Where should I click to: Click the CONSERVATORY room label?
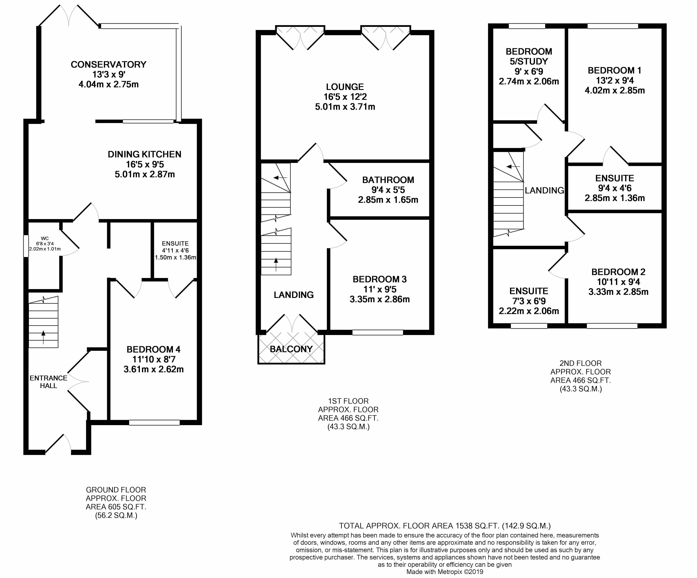click(x=109, y=64)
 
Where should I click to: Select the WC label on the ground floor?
click(x=45, y=238)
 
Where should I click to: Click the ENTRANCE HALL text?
click(x=48, y=382)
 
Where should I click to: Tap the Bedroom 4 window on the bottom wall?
click(x=154, y=423)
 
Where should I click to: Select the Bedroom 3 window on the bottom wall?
click(x=378, y=332)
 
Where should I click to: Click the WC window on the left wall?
click(x=26, y=246)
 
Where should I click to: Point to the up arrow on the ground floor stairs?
click(x=43, y=337)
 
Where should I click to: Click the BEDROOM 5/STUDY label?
click(x=529, y=57)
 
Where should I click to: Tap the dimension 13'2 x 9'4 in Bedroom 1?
click(x=615, y=80)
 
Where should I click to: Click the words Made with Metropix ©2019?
click(x=445, y=572)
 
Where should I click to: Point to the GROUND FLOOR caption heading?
click(x=116, y=490)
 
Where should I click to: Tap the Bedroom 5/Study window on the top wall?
click(x=527, y=26)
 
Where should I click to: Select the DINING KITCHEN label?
click(x=145, y=154)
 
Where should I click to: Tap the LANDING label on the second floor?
click(x=544, y=190)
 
